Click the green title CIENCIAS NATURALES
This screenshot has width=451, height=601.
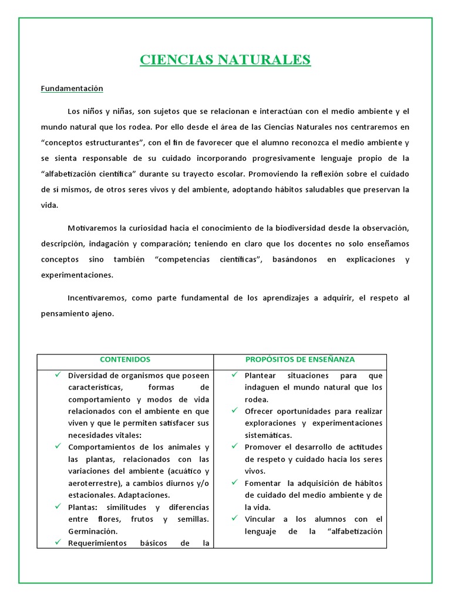(225, 60)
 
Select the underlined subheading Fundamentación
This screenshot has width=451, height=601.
(72, 89)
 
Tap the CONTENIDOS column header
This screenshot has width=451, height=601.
(125, 359)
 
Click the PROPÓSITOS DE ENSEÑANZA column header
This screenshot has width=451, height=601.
(299, 359)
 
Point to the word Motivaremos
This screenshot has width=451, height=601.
(93, 227)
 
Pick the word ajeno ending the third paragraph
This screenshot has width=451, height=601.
(100, 313)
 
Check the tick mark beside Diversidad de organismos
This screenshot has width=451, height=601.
(58, 374)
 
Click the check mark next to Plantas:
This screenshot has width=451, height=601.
(58, 505)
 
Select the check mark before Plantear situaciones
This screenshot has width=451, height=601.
(234, 374)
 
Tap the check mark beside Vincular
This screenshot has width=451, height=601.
(234, 518)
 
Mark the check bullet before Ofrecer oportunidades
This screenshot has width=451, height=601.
(234, 410)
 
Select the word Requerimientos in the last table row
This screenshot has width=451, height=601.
(97, 543)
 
